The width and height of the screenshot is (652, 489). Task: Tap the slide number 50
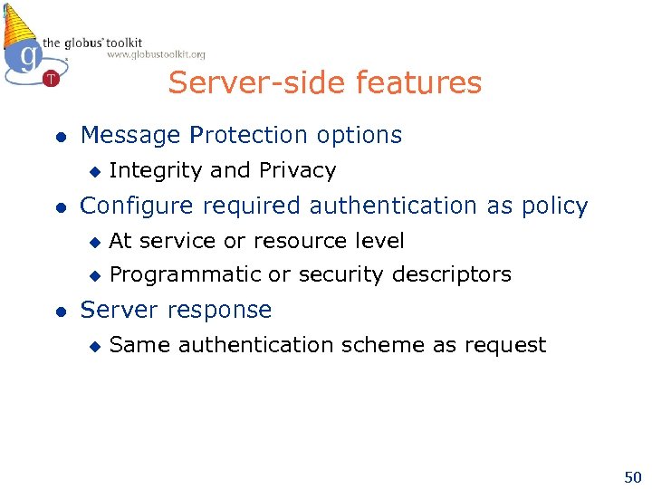631,475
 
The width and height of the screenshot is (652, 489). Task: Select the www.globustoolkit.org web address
156,54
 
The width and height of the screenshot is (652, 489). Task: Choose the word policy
554,206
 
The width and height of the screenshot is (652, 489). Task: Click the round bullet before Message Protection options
59,137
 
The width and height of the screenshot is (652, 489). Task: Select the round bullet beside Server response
59,311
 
